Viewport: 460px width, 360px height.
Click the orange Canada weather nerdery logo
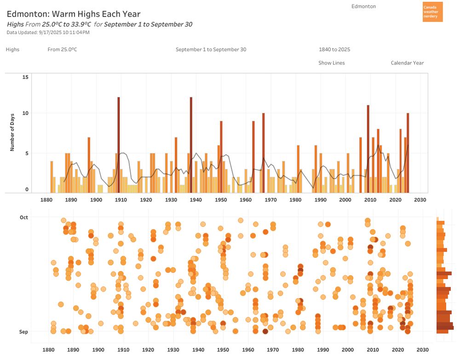click(x=432, y=12)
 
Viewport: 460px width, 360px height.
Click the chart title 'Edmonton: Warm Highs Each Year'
click(x=74, y=14)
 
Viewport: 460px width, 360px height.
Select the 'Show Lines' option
click(x=332, y=63)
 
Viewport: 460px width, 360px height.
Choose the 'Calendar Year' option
click(x=407, y=63)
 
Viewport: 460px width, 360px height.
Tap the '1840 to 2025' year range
click(x=334, y=50)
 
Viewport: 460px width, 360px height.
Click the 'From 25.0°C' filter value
click(x=62, y=50)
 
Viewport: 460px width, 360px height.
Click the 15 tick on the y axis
click(x=26, y=77)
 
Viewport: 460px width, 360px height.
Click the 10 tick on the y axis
click(x=26, y=113)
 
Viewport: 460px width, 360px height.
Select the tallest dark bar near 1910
click(x=118, y=145)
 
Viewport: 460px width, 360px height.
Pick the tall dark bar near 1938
click(x=191, y=145)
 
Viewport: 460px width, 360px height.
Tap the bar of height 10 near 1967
click(x=264, y=152)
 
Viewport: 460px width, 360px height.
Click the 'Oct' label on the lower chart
click(x=23, y=217)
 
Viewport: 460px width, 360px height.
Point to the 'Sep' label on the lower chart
click(x=23, y=332)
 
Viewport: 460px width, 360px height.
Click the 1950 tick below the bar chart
click(x=221, y=200)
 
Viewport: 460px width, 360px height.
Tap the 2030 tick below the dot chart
click(x=422, y=350)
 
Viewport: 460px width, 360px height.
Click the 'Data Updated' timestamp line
click(x=48, y=33)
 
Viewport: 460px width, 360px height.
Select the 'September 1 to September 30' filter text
click(x=211, y=50)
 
